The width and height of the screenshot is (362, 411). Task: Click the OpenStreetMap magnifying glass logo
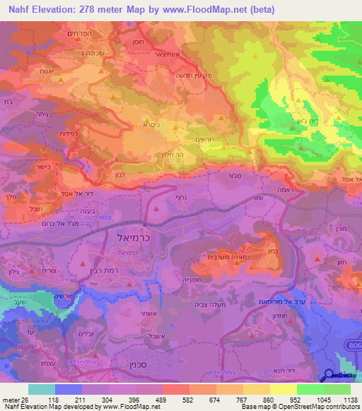click(x=329, y=376)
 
